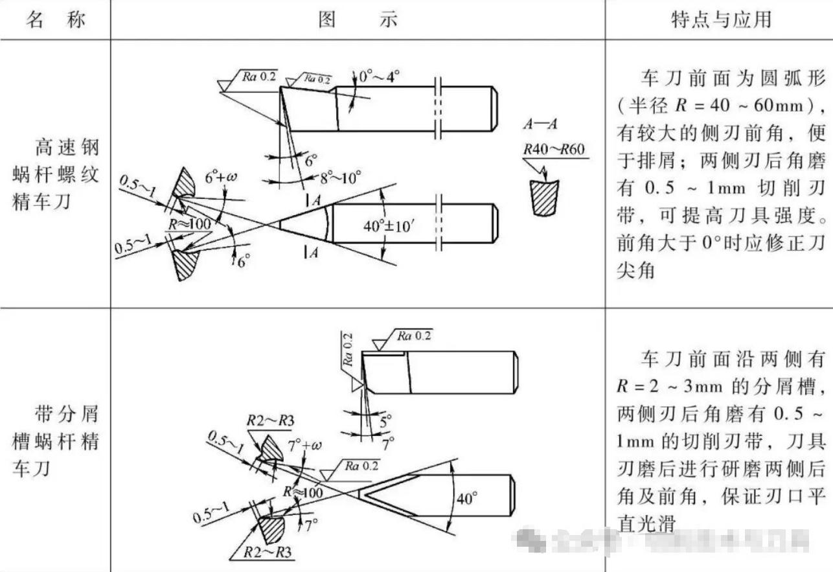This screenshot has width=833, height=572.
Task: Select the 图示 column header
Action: pos(358,20)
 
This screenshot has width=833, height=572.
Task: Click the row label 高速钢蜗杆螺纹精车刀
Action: pos(56,175)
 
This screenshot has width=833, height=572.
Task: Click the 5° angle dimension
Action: pos(387,421)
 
